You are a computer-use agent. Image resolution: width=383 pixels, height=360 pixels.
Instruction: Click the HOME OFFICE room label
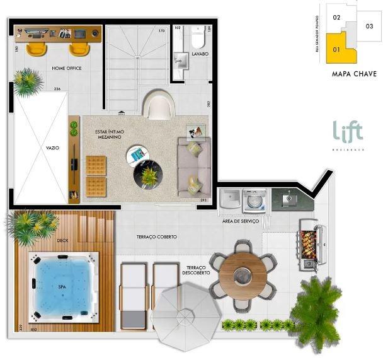(x=67, y=68)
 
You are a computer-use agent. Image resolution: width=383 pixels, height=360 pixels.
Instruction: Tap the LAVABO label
(x=200, y=55)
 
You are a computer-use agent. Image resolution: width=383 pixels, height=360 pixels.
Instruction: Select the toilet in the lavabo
(x=197, y=38)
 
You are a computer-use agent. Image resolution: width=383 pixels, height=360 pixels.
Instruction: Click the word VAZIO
(x=53, y=148)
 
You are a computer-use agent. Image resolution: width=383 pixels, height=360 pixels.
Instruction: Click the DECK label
(x=62, y=240)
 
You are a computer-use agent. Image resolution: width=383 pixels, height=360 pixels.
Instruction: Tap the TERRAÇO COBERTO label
(x=157, y=237)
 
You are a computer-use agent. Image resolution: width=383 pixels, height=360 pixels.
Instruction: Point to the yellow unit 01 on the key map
(x=338, y=52)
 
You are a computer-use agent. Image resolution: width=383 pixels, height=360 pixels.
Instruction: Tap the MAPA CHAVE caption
(x=354, y=74)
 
